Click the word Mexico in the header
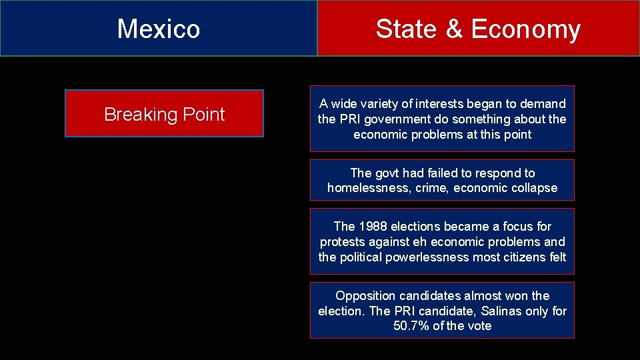(x=159, y=29)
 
